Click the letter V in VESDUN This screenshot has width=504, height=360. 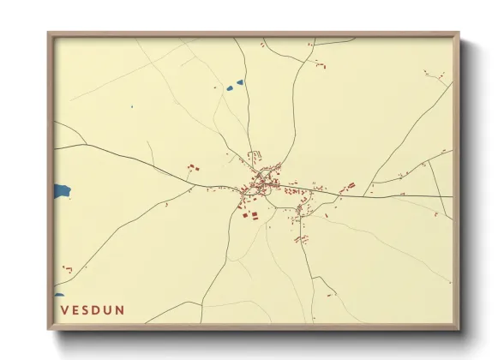click(x=64, y=309)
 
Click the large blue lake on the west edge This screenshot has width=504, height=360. click(x=62, y=190)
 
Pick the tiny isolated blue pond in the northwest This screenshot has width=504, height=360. click(x=132, y=106)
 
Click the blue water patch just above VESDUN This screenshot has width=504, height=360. click(x=59, y=294)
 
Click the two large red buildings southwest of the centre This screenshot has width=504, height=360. click(x=249, y=214)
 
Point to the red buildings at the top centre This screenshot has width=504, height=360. click(x=320, y=63)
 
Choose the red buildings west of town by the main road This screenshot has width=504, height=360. click(x=193, y=168)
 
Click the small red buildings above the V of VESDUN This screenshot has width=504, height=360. click(x=68, y=269)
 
